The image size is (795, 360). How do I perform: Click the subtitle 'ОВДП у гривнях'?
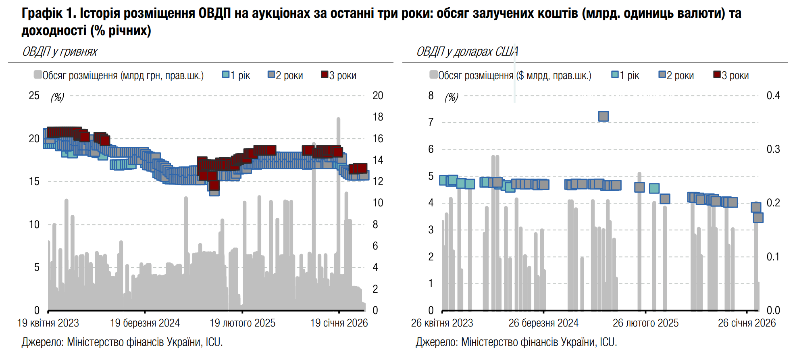coord(60,52)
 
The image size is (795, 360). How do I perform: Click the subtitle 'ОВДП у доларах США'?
coord(467,52)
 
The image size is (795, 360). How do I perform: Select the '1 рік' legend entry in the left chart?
coord(237,75)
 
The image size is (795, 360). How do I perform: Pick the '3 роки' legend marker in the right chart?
coord(717,75)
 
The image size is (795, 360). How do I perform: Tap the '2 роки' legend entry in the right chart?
coord(676,75)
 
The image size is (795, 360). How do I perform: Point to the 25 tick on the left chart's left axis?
coord(34,96)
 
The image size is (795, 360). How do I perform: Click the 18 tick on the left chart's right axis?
coord(378,117)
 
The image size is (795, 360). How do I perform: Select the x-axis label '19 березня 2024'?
coord(145,323)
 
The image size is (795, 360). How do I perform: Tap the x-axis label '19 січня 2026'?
coord(339,323)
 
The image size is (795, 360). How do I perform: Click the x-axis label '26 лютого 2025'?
coord(645,323)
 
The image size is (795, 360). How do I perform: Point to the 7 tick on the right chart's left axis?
coord(431,122)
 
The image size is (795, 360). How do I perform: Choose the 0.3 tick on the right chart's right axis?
coord(773,149)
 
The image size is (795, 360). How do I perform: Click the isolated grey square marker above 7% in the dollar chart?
coord(604,117)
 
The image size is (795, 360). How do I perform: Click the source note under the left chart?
coord(122,342)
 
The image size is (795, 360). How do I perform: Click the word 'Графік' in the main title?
coord(42,13)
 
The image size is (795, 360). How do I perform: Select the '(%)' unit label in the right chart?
coord(452,97)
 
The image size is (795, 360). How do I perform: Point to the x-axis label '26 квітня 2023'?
coord(442,323)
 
